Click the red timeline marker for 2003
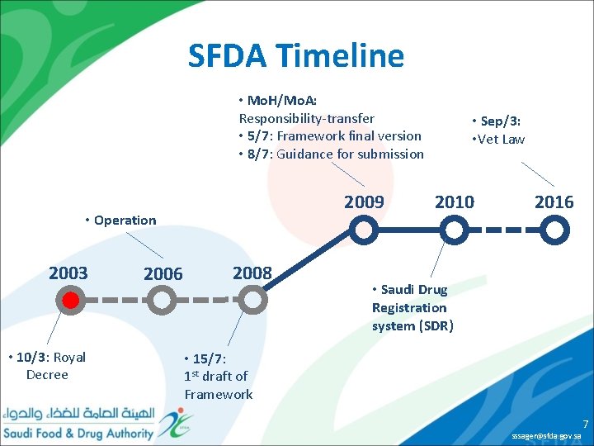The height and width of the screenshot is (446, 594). click(71, 300)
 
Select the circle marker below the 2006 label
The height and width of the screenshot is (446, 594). click(163, 301)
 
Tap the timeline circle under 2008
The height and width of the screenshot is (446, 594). click(255, 301)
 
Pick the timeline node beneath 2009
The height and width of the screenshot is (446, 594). click(364, 228)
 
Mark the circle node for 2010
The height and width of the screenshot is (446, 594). click(454, 228)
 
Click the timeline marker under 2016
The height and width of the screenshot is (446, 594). click(555, 229)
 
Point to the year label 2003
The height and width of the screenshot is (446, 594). click(68, 273)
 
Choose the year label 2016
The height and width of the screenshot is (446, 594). click(554, 202)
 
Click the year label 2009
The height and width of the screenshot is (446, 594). click(364, 202)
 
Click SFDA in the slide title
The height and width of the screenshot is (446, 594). click(228, 56)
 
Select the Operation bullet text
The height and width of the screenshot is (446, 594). click(125, 220)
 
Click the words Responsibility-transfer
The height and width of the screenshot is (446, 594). click(306, 118)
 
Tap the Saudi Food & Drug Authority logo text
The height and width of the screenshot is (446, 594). click(78, 433)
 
